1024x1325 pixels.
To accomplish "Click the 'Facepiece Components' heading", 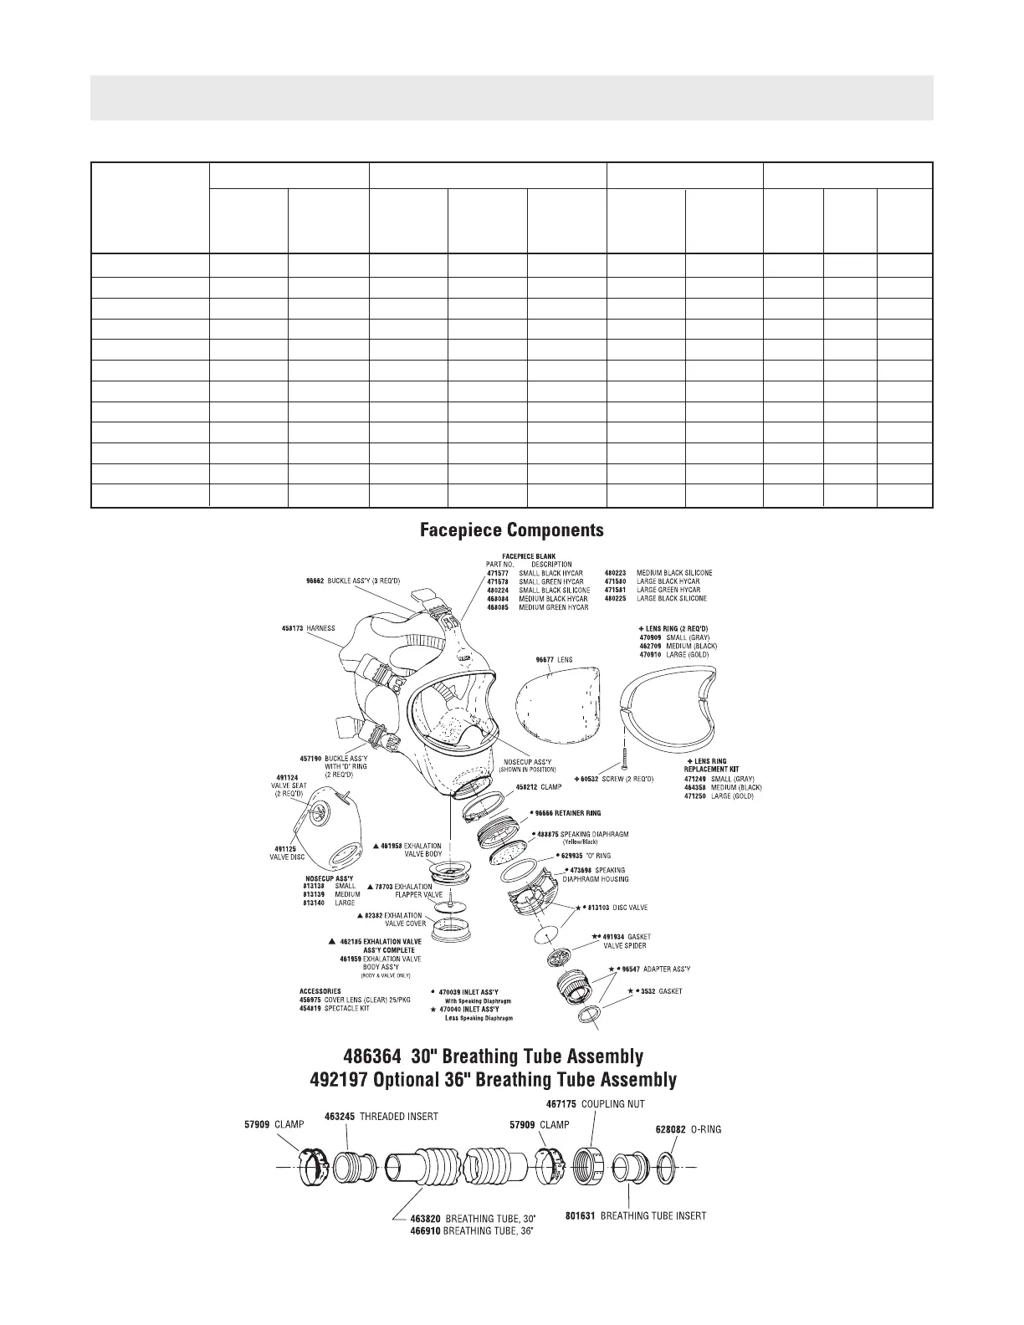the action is pos(511,530).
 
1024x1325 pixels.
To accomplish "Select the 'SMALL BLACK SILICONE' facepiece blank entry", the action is pos(554,590).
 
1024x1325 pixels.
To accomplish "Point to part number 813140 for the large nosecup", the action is pos(315,903).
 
